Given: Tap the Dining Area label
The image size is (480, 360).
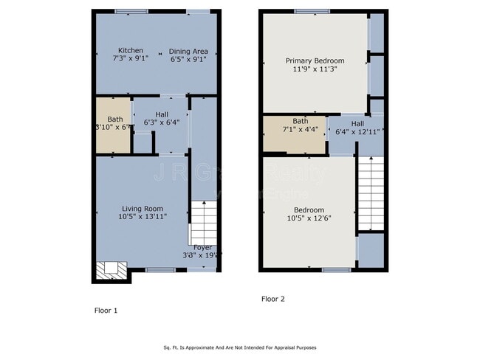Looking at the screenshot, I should (x=189, y=52).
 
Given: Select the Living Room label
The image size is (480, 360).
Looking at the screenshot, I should (x=143, y=209).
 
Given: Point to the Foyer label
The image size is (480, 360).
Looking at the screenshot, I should (x=202, y=247).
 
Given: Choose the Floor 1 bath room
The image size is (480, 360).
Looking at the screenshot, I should (x=112, y=124).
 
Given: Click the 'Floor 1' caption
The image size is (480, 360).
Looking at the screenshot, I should (x=106, y=311).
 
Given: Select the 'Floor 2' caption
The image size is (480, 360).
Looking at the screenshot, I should (x=272, y=299).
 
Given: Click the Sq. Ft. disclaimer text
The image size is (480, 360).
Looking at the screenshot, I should (x=239, y=347).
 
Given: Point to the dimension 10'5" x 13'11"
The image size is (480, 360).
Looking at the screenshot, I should (x=143, y=218).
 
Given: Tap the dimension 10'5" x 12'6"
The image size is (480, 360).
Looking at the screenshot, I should (x=309, y=218).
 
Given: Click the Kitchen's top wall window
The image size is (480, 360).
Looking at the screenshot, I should (x=131, y=10).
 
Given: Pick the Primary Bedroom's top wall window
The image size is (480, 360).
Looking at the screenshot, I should (x=311, y=10).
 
